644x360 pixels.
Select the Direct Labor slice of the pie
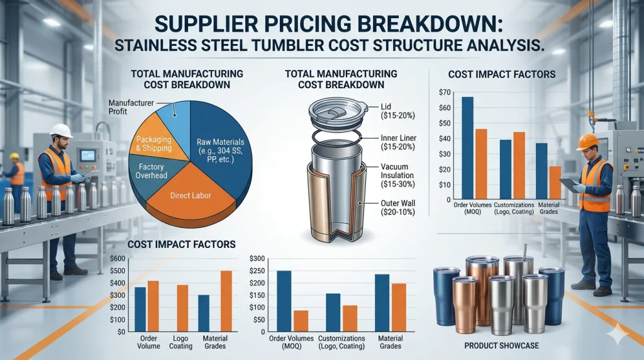pos(189,195)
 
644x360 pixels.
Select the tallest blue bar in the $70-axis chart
pos(467,148)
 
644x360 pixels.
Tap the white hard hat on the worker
pos(61,130)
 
